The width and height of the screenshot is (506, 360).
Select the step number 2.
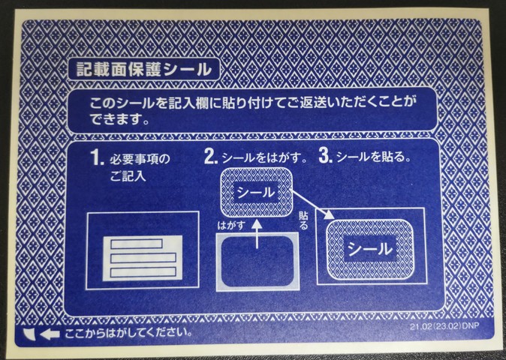tap(210, 157)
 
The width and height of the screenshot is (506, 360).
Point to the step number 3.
tap(325, 157)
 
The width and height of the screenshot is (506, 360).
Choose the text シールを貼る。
tap(373, 157)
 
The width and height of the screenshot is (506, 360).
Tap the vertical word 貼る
tap(303, 219)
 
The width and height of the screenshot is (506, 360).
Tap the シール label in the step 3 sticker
tap(368, 247)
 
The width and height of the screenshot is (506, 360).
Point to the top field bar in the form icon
tap(136, 243)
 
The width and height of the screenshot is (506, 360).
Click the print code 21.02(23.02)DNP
tap(443, 327)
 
